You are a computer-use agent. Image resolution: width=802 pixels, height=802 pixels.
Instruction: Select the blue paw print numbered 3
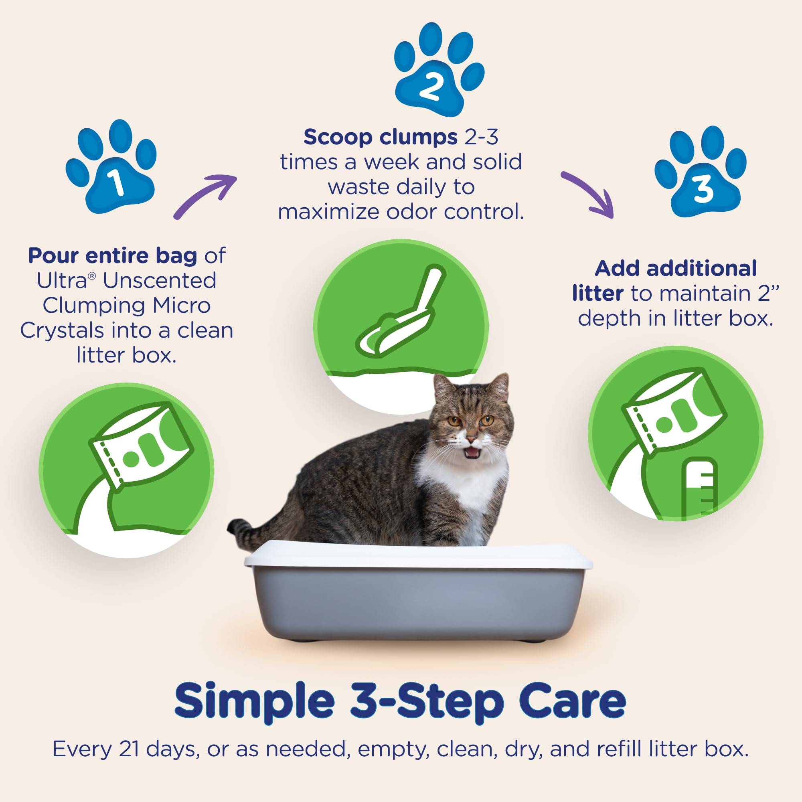pos(701,178)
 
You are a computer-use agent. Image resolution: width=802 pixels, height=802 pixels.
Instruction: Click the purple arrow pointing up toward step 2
pos(205,195)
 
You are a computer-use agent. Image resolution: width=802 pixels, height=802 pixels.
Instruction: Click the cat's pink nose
pos(471,439)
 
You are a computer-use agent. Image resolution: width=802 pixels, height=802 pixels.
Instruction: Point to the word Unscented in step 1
pos(160,281)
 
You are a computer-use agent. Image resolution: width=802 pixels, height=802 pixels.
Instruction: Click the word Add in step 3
pos(618,269)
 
